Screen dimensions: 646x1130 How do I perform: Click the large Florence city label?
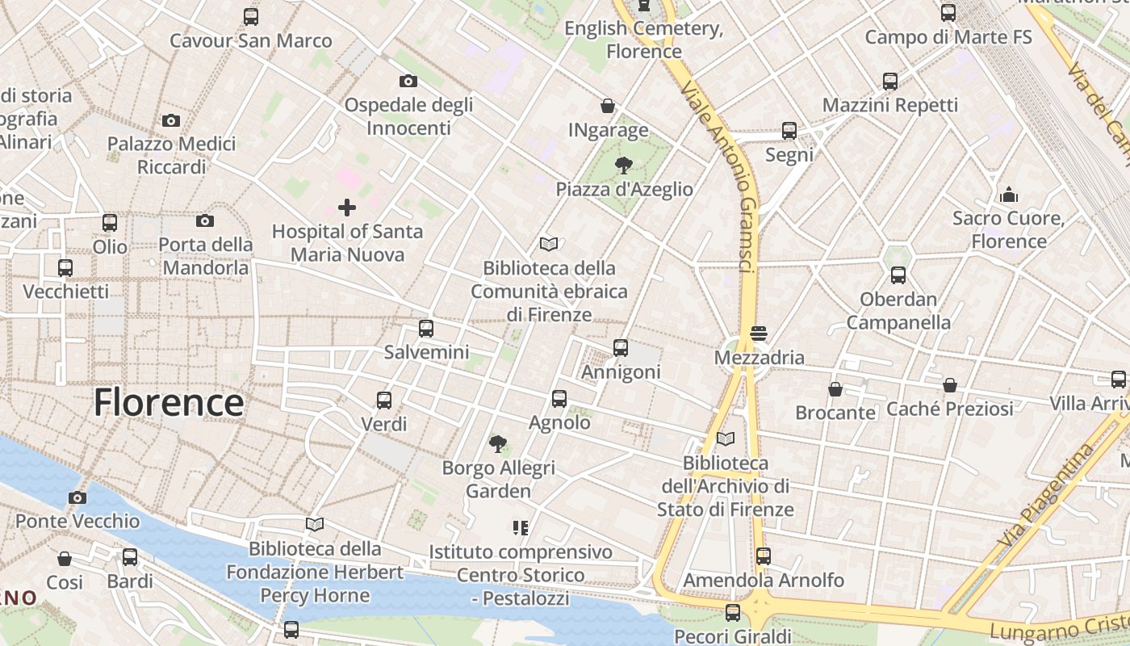(x=169, y=402)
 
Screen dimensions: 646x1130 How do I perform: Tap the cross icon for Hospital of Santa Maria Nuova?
(x=347, y=208)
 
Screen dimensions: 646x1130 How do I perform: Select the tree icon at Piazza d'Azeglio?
(x=623, y=166)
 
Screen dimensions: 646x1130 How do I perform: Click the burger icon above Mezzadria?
(x=758, y=333)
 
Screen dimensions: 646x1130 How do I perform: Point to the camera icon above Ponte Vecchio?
(x=77, y=497)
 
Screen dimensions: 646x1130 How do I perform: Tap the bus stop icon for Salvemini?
(x=426, y=329)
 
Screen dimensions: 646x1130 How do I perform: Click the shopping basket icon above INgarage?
(x=608, y=106)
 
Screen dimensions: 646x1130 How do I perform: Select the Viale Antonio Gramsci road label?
(x=721, y=177)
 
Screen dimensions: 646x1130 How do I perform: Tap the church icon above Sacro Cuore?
(x=1008, y=195)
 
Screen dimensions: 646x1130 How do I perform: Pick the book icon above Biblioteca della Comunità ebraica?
(x=549, y=244)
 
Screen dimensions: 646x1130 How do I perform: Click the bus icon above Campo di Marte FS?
(x=948, y=13)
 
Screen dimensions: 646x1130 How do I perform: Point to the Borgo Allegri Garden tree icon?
(x=498, y=443)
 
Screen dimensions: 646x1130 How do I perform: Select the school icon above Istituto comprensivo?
(x=521, y=528)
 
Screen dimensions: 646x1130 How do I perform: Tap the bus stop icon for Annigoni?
(x=621, y=348)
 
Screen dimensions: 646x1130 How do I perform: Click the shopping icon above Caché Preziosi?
(x=950, y=385)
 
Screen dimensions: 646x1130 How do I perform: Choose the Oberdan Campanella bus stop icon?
(x=898, y=275)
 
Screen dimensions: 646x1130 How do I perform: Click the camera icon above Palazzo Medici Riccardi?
(x=171, y=120)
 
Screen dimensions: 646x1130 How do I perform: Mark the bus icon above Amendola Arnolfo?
(x=764, y=556)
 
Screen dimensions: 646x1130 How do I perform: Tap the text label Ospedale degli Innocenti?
(x=408, y=116)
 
